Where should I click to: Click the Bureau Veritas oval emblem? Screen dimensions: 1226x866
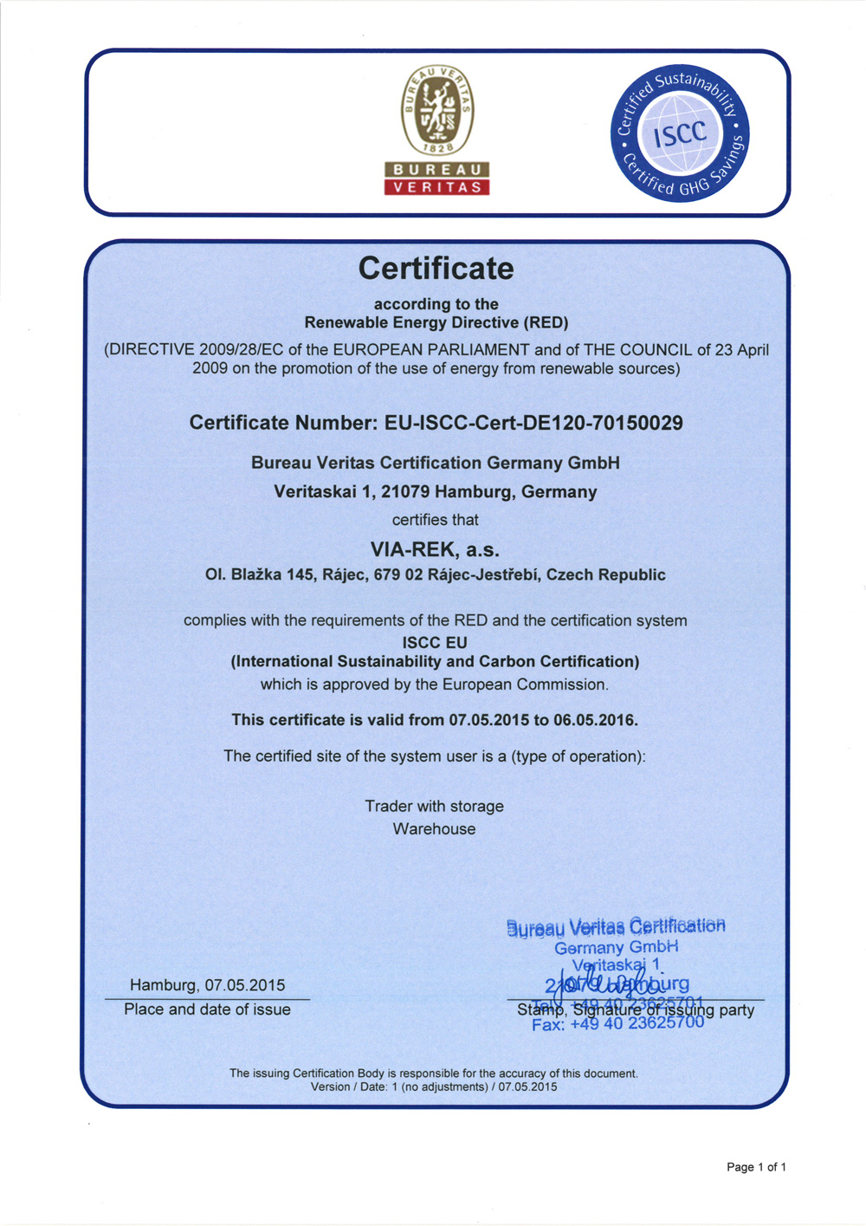437,111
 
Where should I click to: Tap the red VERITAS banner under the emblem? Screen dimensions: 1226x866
437,187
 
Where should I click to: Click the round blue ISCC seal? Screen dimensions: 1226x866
680,133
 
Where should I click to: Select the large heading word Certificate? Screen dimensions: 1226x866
436,269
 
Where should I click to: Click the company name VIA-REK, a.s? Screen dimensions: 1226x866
435,549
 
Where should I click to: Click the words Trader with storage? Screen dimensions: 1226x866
434,806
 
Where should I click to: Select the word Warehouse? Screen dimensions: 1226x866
434,829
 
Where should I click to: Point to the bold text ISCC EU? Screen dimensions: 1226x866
435,643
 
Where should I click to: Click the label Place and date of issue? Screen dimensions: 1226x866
207,1009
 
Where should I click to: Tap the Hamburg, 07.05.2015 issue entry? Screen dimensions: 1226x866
207,985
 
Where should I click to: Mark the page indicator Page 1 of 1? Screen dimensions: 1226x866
756,1167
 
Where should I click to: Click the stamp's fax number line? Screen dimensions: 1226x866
617,1024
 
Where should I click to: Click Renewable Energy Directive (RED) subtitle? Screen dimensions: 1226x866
436,323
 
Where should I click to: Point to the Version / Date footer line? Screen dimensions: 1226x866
434,1087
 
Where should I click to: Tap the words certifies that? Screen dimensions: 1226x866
435,520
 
